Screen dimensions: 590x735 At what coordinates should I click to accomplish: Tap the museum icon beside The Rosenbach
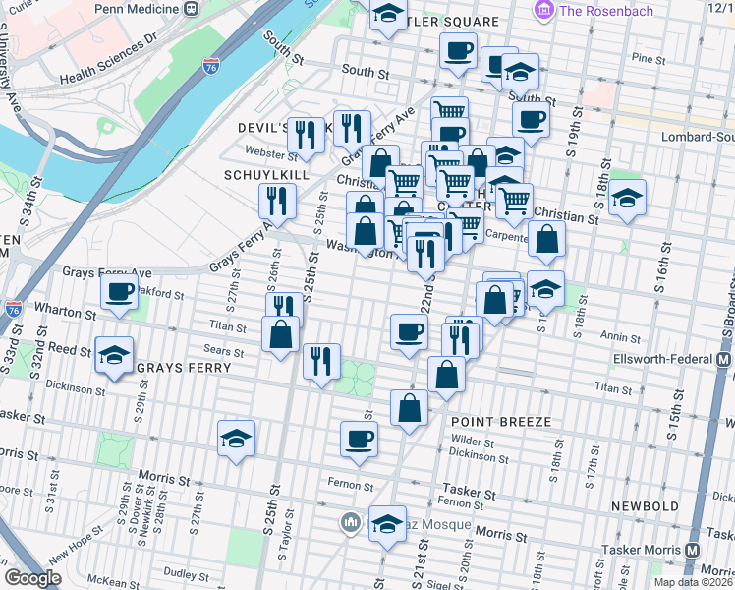coord(540,10)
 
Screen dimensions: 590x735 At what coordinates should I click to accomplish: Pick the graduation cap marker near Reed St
coord(115,355)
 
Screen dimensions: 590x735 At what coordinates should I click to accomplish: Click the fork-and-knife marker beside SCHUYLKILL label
coord(276,201)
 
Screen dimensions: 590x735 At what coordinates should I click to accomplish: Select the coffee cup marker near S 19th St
coord(531,120)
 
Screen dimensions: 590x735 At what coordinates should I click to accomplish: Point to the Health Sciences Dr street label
coord(108,61)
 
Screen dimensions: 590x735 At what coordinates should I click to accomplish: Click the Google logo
coord(32,578)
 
